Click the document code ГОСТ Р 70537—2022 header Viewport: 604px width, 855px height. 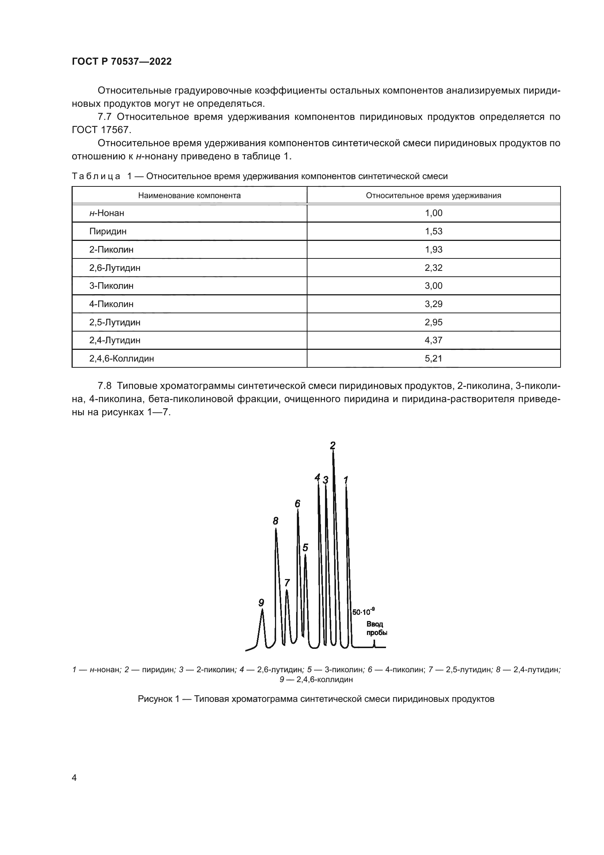[122, 62]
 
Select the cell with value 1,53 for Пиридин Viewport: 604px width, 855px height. [433, 231]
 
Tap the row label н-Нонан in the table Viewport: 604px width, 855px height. [107, 213]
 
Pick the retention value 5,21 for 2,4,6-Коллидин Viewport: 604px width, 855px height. [433, 359]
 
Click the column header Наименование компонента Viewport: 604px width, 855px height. [189, 196]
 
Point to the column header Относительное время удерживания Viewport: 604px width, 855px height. [433, 196]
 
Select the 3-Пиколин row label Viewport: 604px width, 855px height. [111, 286]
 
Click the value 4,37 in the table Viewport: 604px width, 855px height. [433, 340]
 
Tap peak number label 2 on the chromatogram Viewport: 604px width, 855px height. [333, 445]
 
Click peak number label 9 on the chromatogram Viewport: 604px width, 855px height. [261, 602]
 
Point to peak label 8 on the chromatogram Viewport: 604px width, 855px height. [275, 521]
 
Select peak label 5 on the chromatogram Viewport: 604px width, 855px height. [305, 548]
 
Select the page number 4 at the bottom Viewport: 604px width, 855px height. [74, 778]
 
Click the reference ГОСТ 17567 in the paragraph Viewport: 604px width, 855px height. [101, 130]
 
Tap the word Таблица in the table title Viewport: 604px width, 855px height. [96, 176]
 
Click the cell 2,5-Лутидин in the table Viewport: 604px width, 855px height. [115, 322]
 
